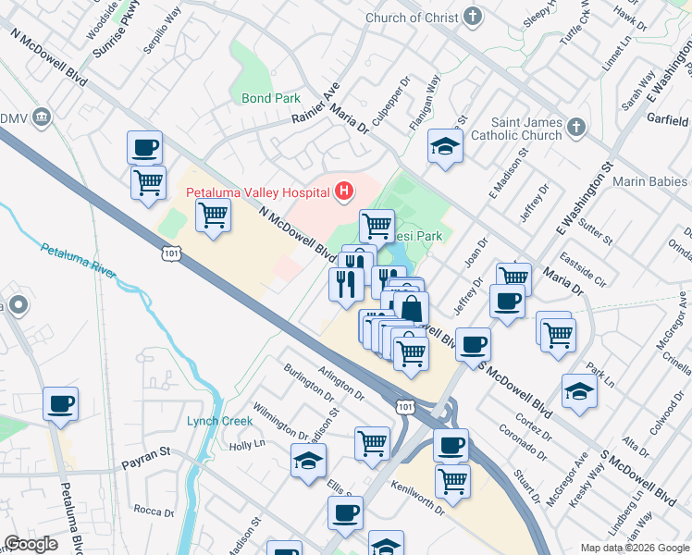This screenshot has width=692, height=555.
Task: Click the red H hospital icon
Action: tap(344, 192)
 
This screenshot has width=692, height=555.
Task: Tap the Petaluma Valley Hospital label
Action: tap(258, 192)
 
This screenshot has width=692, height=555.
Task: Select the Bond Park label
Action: tap(271, 98)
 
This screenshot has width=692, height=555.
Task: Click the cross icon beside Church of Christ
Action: tap(473, 18)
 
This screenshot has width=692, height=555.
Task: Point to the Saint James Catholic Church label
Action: tap(526, 129)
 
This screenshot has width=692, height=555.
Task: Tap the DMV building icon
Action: tap(42, 118)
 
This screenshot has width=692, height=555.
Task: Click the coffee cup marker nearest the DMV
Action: tap(144, 146)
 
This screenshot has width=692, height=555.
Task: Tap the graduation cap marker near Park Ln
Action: tap(579, 391)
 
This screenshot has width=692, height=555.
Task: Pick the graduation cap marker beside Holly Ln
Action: tap(309, 462)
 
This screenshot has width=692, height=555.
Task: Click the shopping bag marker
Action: tap(412, 308)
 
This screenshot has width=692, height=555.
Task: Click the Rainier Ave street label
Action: tap(316, 104)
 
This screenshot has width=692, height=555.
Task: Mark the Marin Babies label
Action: tap(652, 181)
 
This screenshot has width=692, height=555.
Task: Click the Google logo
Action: tap(31, 544)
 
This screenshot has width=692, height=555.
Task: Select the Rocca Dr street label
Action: tap(148, 510)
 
